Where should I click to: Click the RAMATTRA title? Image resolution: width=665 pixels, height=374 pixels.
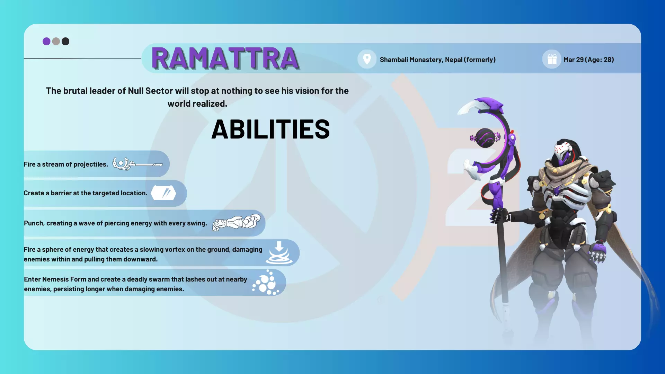(225, 58)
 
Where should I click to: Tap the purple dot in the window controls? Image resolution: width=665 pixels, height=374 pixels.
(46, 42)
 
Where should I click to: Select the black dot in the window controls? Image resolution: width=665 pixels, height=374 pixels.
(65, 42)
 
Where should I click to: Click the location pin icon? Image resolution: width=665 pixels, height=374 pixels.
(367, 59)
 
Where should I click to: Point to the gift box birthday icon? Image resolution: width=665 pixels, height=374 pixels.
(552, 60)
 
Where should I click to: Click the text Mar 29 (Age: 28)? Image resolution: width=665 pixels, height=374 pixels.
(588, 60)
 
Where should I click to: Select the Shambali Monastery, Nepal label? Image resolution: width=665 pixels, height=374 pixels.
(438, 60)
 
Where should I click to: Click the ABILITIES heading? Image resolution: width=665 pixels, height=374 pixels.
(271, 129)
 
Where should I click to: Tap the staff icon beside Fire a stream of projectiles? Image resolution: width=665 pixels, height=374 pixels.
(138, 163)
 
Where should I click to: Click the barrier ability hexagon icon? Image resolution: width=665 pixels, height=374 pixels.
(163, 193)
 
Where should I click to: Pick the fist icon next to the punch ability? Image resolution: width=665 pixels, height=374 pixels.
(237, 222)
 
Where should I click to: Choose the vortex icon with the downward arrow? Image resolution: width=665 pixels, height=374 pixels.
(279, 253)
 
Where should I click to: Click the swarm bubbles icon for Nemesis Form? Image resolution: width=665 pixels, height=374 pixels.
(266, 283)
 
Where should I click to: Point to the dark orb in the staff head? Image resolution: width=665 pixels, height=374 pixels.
(485, 138)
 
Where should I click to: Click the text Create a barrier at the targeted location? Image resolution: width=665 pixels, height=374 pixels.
(86, 193)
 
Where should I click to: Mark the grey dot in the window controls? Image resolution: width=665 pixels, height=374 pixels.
(56, 42)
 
